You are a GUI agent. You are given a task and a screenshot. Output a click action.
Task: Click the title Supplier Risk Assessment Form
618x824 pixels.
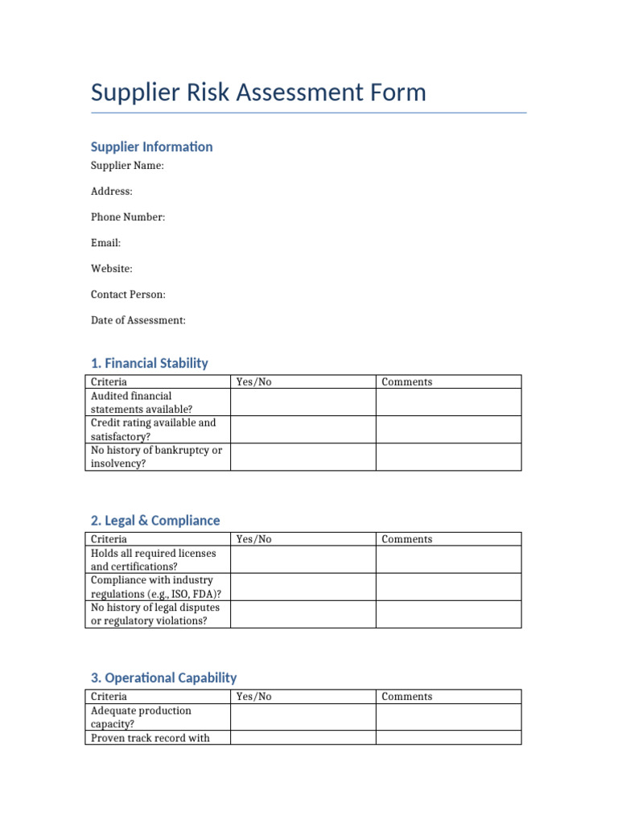(x=258, y=93)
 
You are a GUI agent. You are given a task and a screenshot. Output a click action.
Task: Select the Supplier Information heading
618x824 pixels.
(x=151, y=146)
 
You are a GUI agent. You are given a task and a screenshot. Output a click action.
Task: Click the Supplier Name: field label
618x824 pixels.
(x=127, y=166)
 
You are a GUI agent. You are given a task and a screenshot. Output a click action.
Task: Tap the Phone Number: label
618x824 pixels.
(x=128, y=217)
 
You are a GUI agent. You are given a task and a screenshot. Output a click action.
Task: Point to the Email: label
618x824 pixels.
(x=105, y=243)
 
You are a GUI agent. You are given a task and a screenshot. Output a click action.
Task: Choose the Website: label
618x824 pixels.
(x=111, y=269)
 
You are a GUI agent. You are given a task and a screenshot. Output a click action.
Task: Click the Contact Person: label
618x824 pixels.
(x=128, y=295)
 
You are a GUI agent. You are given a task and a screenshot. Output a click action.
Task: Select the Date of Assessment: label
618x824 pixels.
(x=138, y=320)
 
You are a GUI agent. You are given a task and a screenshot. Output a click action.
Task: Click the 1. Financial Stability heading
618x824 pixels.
(x=149, y=363)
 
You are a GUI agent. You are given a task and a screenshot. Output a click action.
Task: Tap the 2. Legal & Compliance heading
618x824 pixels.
(x=155, y=521)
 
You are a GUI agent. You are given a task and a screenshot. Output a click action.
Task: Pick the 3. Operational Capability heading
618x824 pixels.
(x=163, y=678)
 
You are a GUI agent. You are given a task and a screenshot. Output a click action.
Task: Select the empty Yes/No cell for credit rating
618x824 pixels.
(x=303, y=430)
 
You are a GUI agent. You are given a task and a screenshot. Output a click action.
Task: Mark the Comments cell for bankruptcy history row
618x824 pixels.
(x=448, y=457)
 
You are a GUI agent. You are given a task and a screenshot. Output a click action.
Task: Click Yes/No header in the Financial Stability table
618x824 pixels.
(x=254, y=382)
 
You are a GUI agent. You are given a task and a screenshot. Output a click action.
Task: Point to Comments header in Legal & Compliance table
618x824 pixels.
(x=406, y=539)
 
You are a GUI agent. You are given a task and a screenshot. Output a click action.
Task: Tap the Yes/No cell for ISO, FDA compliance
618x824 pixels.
(x=303, y=587)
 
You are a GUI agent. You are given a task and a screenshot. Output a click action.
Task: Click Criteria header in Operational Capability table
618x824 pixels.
(x=109, y=697)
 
